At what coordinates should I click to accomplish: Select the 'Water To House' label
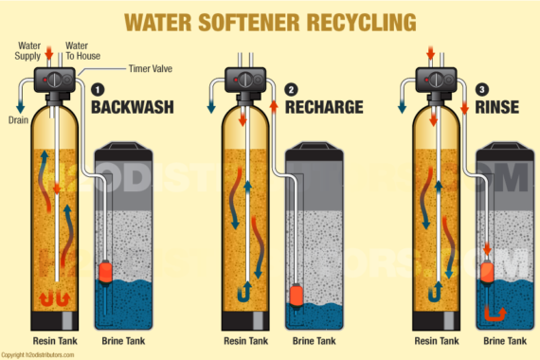(82, 48)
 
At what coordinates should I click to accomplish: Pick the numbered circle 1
(98, 89)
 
